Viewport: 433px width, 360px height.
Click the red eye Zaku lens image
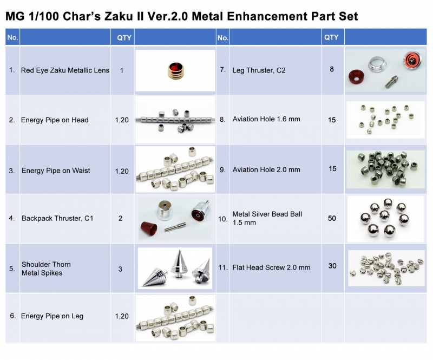(175, 71)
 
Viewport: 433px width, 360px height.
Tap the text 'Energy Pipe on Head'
(55, 120)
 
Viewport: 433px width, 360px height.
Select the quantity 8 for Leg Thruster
(332, 69)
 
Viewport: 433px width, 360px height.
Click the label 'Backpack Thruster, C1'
(57, 219)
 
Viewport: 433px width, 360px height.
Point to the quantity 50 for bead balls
(332, 218)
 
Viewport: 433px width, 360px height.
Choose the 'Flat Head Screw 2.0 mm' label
(271, 267)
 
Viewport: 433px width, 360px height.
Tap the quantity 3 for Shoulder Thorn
(120, 269)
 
